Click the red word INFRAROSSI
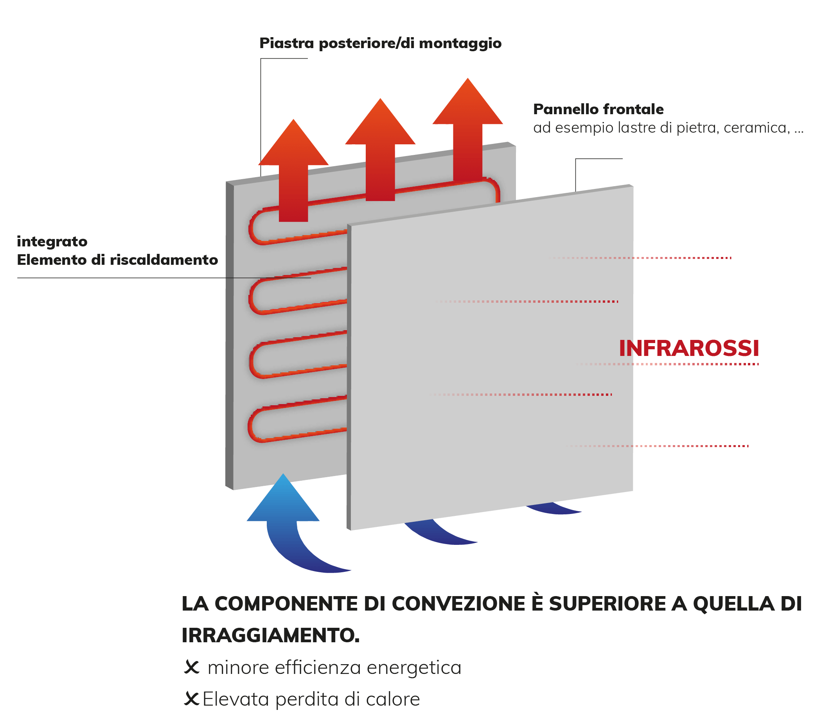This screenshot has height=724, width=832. pos(689,348)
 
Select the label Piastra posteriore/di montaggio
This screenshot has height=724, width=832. pos(380,44)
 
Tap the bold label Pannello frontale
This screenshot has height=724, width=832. pos(598,109)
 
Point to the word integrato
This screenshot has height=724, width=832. pos(52,242)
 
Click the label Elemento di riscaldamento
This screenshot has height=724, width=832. pos(117,260)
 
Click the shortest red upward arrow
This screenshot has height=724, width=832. pos(293,170)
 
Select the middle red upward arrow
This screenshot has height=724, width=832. pos(380,149)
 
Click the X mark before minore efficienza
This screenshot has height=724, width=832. pos(192,667)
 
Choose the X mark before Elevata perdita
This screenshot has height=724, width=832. pos(192,699)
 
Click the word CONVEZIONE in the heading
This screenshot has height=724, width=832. pos(458,604)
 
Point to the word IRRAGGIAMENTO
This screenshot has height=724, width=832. pos(270,636)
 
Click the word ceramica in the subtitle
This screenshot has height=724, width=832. pos(757,128)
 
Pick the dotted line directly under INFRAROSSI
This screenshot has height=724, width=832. pos(668,364)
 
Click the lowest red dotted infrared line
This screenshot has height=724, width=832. pos(658,446)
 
